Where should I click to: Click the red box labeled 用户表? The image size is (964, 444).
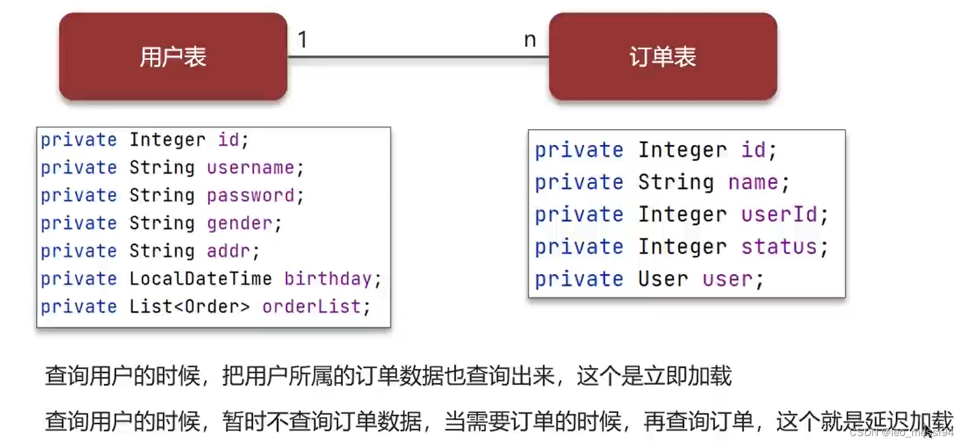pyautogui.click(x=173, y=57)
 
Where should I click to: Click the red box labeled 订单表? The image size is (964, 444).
pyautogui.click(x=662, y=57)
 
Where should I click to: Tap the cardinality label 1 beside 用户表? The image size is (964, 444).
pyautogui.click(x=302, y=40)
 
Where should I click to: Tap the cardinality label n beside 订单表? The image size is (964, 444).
pyautogui.click(x=530, y=40)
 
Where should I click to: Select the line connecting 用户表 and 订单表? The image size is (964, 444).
pyautogui.click(x=418, y=57)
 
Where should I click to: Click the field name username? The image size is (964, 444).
pyautogui.click(x=250, y=168)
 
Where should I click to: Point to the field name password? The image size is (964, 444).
pyautogui.click(x=250, y=196)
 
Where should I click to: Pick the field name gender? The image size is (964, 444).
pyautogui.click(x=240, y=223)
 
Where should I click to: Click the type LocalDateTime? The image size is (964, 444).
pyautogui.click(x=200, y=279)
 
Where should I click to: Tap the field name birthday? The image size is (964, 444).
pyautogui.click(x=328, y=279)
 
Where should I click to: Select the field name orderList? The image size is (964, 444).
pyautogui.click(x=311, y=306)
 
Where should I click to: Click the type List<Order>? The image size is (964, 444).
pyautogui.click(x=190, y=306)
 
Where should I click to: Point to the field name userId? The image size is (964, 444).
pyautogui.click(x=779, y=215)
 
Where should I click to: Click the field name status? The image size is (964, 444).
pyautogui.click(x=779, y=247)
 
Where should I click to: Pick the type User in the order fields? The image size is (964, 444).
pyautogui.click(x=663, y=279)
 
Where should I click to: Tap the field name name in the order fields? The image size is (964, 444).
pyautogui.click(x=753, y=182)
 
